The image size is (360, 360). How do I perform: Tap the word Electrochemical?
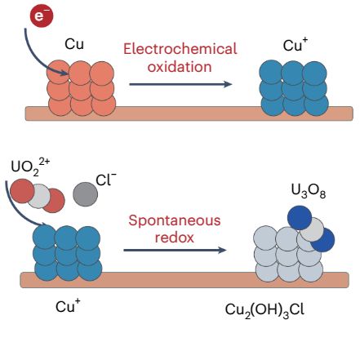coord(180,49)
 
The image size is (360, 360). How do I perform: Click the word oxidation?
coord(180,66)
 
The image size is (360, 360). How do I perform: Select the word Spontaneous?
coord(174,220)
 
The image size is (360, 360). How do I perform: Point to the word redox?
coord(174,236)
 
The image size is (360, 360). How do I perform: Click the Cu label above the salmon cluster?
coord(73,45)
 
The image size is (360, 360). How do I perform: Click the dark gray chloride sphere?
coord(84,193)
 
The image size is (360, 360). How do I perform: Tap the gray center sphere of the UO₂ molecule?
coord(41,196)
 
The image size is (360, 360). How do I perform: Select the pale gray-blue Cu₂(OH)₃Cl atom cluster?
coord(287,252)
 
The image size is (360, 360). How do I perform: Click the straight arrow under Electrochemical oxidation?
coord(180,83)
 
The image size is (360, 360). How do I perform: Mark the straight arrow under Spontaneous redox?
coord(174,250)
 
